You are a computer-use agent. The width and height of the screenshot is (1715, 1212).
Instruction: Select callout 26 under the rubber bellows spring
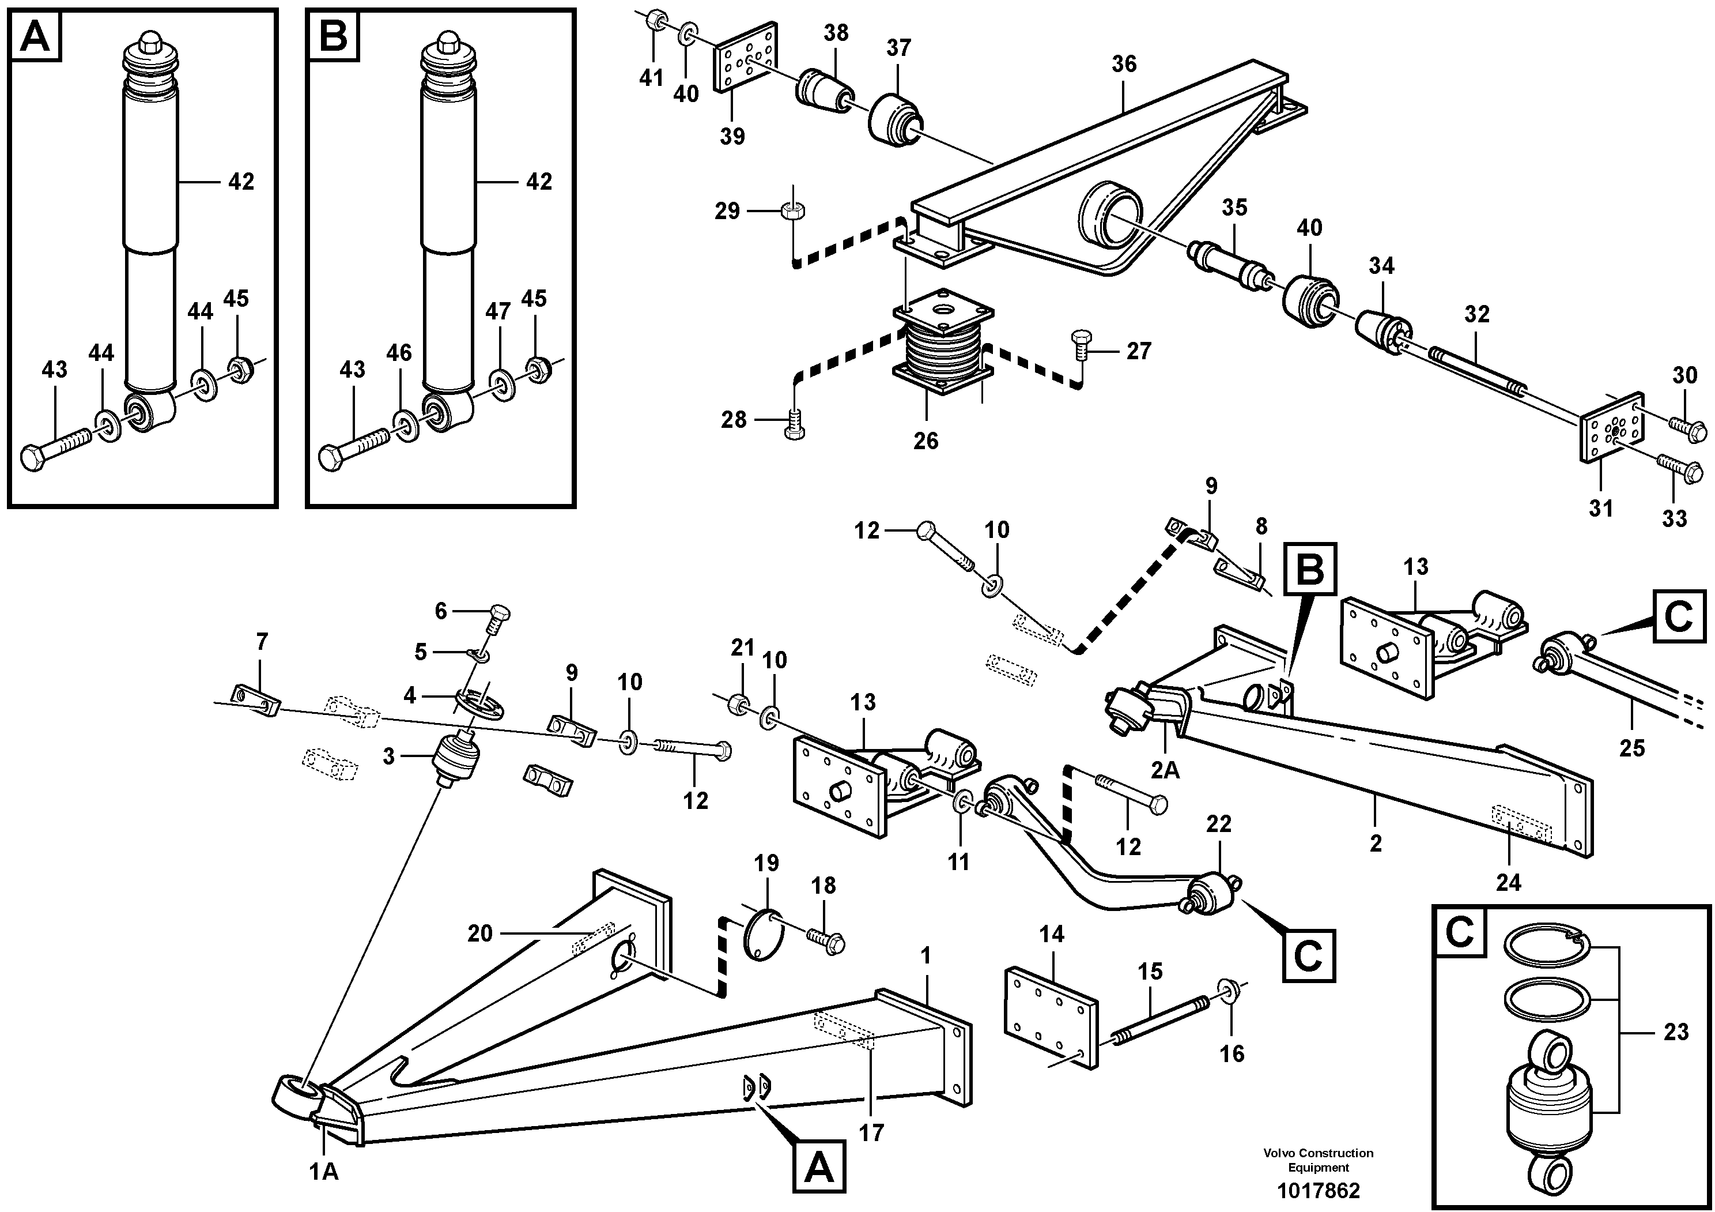(x=926, y=441)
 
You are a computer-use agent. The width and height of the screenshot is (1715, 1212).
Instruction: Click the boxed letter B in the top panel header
(x=333, y=36)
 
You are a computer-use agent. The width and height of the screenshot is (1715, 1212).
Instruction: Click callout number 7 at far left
(x=262, y=641)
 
